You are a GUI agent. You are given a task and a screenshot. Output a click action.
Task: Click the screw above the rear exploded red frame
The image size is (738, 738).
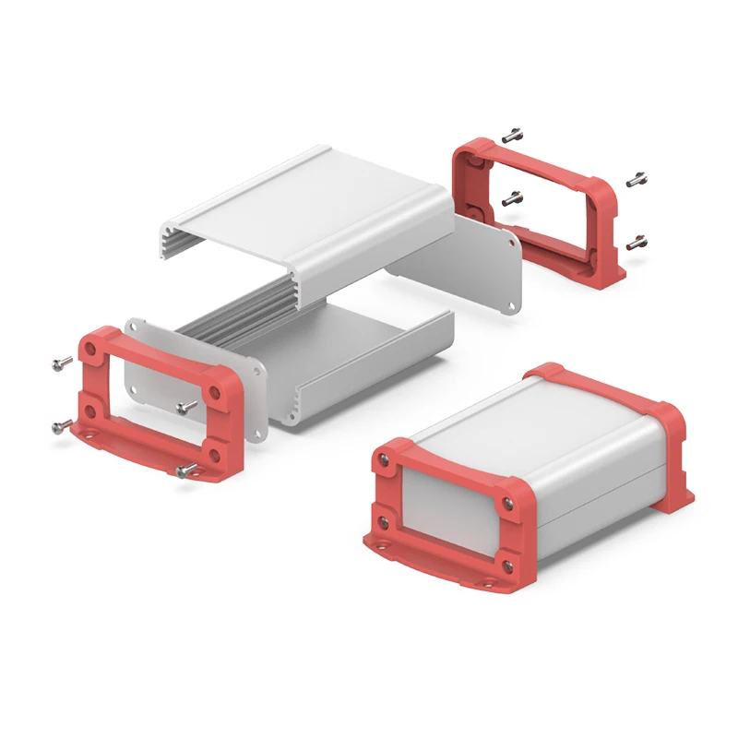[x=514, y=135]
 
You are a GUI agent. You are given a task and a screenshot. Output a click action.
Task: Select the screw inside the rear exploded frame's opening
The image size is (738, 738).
[x=513, y=196]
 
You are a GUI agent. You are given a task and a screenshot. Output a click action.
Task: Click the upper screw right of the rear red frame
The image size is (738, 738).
[x=637, y=180]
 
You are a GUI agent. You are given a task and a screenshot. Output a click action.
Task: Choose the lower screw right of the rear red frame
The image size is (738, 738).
[x=637, y=243]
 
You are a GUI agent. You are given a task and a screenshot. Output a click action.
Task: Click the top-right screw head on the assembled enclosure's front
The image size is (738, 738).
[x=508, y=503]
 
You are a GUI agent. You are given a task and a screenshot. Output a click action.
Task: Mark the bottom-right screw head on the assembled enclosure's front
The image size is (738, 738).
[x=508, y=563]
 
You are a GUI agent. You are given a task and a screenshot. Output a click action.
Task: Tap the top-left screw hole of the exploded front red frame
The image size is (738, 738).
[x=92, y=348]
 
